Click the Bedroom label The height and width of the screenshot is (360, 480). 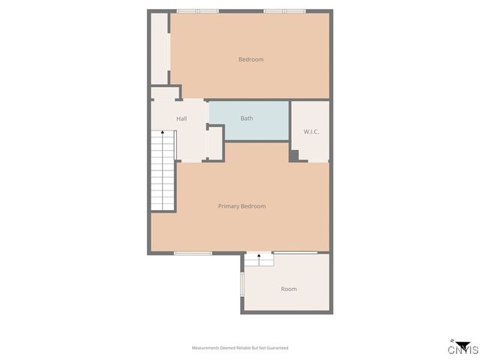click(250, 59)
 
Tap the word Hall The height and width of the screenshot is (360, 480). click(181, 118)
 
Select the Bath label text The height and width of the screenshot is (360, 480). click(247, 118)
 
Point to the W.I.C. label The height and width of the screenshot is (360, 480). click(311, 132)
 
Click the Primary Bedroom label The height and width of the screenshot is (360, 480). click(241, 205)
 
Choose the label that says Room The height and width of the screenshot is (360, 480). click(289, 289)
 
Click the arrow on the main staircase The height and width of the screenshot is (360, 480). click(163, 133)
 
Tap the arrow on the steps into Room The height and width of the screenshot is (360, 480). click(259, 256)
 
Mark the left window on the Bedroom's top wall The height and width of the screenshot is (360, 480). click(197, 11)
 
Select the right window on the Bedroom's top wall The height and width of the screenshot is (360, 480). click(284, 11)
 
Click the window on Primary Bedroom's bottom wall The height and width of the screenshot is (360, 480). click(193, 253)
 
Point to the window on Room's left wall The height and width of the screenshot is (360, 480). click(241, 285)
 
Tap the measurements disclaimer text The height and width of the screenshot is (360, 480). click(240, 348)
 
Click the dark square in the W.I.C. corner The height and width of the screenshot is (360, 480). click(294, 155)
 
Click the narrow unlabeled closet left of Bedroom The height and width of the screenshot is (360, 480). click(159, 49)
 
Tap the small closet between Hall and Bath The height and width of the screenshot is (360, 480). click(214, 143)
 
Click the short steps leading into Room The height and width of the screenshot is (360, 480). click(259, 259)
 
